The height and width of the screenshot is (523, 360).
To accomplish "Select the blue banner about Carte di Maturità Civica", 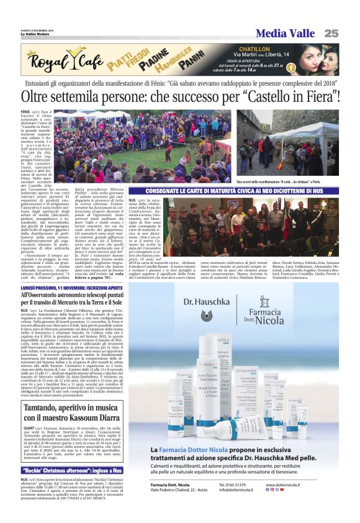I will click(x=242, y=191).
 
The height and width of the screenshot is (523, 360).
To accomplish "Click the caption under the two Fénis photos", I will click(x=287, y=180).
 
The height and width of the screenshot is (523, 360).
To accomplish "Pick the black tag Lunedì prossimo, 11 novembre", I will click(x=72, y=288).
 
